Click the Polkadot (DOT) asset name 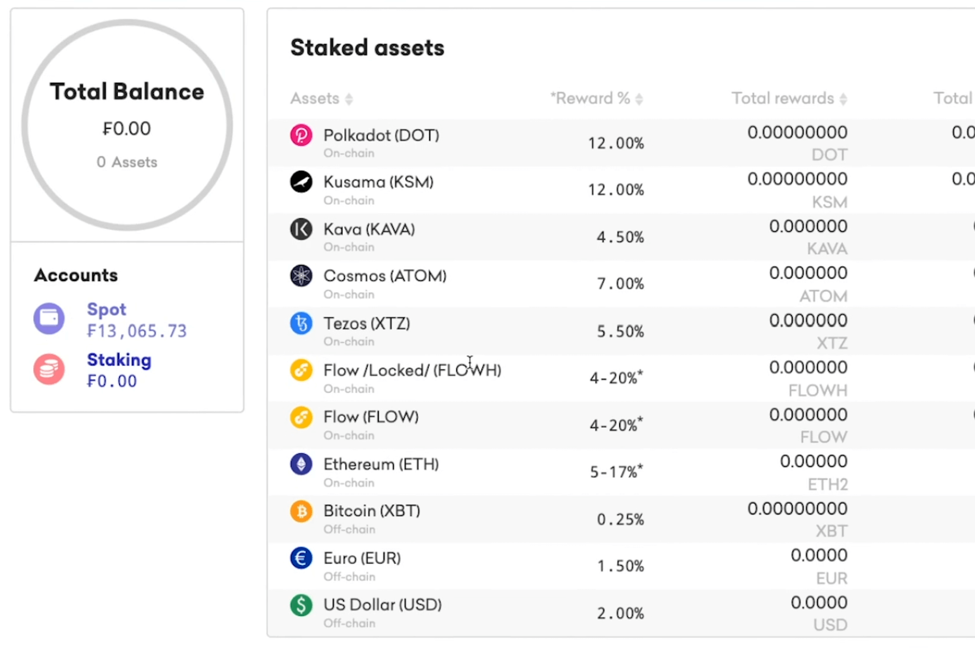pyautogui.click(x=381, y=136)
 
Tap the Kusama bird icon pyautogui.click(x=301, y=182)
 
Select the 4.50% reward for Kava pyautogui.click(x=620, y=237)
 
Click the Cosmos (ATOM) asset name pyautogui.click(x=385, y=276)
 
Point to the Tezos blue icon pyautogui.click(x=301, y=323)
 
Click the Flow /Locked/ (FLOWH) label pyautogui.click(x=412, y=371)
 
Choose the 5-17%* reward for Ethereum pyautogui.click(x=616, y=472)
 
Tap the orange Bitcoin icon pyautogui.click(x=301, y=511)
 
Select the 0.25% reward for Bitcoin pyautogui.click(x=620, y=520)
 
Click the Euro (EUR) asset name pyautogui.click(x=362, y=558)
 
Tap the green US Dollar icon pyautogui.click(x=301, y=605)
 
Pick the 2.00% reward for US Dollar pyautogui.click(x=620, y=613)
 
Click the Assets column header pyautogui.click(x=315, y=98)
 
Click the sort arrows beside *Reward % pyautogui.click(x=639, y=99)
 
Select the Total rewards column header pyautogui.click(x=782, y=98)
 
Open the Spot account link pyautogui.click(x=107, y=309)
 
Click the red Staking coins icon pyautogui.click(x=49, y=370)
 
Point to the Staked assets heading pyautogui.click(x=367, y=48)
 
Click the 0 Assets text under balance pyautogui.click(x=127, y=162)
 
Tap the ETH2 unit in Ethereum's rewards pyautogui.click(x=827, y=485)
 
